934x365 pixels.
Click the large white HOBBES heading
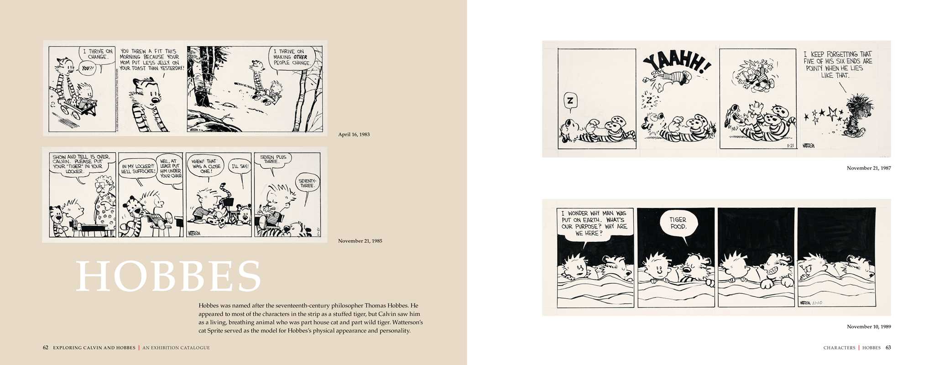tap(168, 276)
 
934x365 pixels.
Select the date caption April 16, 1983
tap(354, 135)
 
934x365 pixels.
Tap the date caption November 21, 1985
tap(360, 241)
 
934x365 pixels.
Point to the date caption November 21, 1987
tap(869, 168)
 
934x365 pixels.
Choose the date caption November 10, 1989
tap(869, 327)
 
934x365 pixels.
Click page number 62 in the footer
tap(46, 348)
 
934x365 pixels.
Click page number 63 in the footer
tap(888, 348)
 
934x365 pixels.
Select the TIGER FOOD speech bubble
tap(678, 223)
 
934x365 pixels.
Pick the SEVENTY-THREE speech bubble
tap(307, 183)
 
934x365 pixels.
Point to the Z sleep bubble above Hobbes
tap(570, 101)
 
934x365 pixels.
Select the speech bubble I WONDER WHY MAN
tap(594, 223)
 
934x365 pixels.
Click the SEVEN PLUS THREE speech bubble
tap(273, 160)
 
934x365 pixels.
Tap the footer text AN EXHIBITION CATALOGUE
tap(176, 348)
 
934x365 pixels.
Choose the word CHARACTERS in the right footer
tap(839, 348)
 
